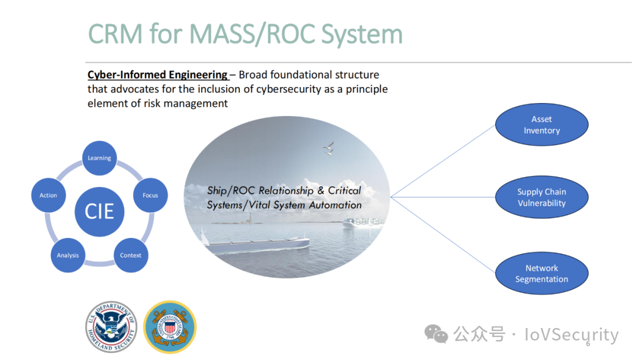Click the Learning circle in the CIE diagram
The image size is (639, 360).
tap(99, 158)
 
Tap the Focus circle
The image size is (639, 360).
tap(150, 195)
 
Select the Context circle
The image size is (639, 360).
tap(131, 255)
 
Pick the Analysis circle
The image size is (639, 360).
tap(67, 255)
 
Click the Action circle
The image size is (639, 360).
tap(49, 195)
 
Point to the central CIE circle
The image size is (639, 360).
tap(99, 211)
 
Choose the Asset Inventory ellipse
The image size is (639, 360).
tap(541, 125)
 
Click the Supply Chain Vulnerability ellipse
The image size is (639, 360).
tap(541, 197)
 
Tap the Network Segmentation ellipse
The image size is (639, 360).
tap(541, 273)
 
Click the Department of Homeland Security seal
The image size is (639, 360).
tap(111, 327)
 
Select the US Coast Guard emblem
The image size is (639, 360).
tap(170, 327)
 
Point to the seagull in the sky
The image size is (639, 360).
tap(328, 149)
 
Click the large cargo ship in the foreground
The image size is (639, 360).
tap(254, 243)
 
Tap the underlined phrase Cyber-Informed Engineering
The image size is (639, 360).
tap(157, 75)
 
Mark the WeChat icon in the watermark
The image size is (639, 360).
tap(436, 335)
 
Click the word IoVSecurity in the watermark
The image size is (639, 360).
tap(572, 335)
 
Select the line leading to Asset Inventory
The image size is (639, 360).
tap(443, 161)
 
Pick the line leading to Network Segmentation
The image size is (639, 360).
tap(443, 235)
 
